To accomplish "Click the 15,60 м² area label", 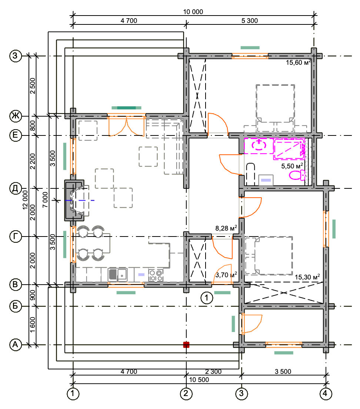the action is pos(299,62).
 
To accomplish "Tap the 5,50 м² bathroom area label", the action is pos(292,166).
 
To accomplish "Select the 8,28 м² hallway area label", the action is pos(226,228).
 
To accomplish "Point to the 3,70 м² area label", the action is pos(226,275).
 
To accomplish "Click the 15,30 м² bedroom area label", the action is pos(307,277).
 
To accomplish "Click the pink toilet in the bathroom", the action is pos(297,175).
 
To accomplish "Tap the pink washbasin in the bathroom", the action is pos(259,145).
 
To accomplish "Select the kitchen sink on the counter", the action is pos(117,274).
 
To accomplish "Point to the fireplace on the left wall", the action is pos(74,200).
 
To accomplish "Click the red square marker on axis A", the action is pos(186,345).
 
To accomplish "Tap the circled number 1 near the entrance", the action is pos(207,298).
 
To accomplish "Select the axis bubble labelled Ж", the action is pos(16,116).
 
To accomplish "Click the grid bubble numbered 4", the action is pos(326,393).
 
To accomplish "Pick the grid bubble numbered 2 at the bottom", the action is pos(186,393).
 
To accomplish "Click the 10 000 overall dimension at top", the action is pos(193,12).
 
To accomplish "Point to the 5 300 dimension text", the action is pos(250,21).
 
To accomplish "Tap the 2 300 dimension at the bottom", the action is pos(213,372).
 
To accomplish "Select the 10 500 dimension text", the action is pos(199,379).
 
